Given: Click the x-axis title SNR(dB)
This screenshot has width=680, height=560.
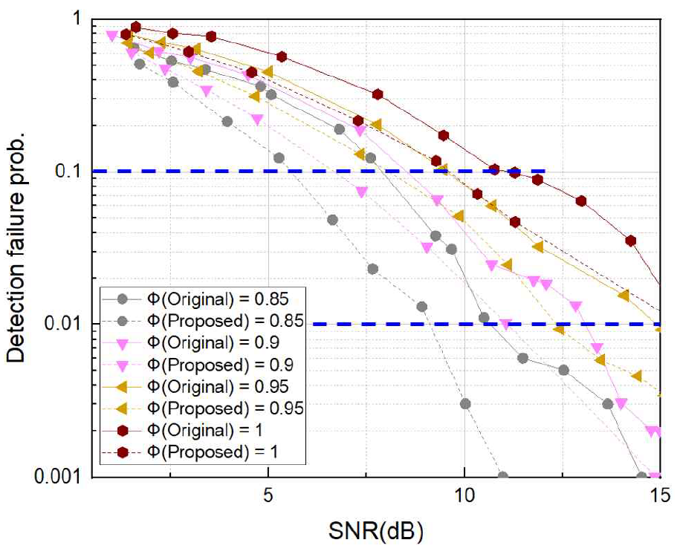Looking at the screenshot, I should (376, 532).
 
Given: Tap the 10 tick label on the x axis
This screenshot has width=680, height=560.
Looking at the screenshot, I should (464, 495).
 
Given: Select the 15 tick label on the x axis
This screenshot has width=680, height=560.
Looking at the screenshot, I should (659, 495).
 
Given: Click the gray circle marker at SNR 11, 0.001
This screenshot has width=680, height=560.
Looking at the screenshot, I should (503, 477).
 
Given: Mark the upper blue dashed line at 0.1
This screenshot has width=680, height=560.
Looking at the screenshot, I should (312, 172).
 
